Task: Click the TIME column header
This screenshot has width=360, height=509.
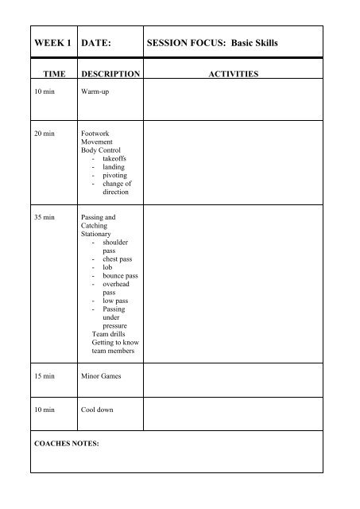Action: pyautogui.click(x=42, y=74)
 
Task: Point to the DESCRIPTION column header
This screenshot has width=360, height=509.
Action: pyautogui.click(x=110, y=74)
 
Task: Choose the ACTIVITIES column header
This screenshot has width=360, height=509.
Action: pyautogui.click(x=231, y=74)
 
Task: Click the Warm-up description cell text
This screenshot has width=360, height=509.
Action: pyautogui.click(x=96, y=92)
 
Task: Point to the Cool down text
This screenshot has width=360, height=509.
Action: pyautogui.click(x=99, y=410)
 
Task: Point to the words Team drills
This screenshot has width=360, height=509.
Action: pyautogui.click(x=110, y=334)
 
